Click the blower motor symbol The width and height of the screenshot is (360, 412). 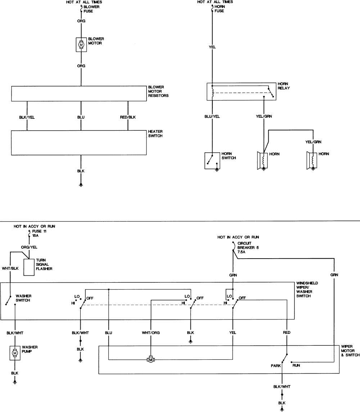pos(81,45)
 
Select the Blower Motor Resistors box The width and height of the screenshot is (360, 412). pos(79,94)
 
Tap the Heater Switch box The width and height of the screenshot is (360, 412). pos(79,143)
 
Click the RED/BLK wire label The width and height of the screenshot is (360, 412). pos(128,117)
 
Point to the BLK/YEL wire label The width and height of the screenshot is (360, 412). pos(27,117)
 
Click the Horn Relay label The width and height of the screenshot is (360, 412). pos(284,86)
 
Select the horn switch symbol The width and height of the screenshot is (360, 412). pos(212,161)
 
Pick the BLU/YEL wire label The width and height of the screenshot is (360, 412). pos(212,116)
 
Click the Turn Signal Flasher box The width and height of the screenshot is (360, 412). pos(29,267)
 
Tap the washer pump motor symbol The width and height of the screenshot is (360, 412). pos(15,353)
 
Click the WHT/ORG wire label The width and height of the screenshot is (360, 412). pos(151,333)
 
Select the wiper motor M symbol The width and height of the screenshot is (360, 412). pos(151,359)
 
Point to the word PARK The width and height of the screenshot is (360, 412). pos(276,366)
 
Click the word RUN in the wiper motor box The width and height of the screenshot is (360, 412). pos(296,365)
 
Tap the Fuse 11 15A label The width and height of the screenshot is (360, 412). pos(39,233)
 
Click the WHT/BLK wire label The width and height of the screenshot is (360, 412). pos(10,268)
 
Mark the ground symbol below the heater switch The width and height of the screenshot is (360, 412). pos(81,185)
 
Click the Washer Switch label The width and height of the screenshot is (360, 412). pos(23,298)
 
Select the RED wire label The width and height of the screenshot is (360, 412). pos(287,332)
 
